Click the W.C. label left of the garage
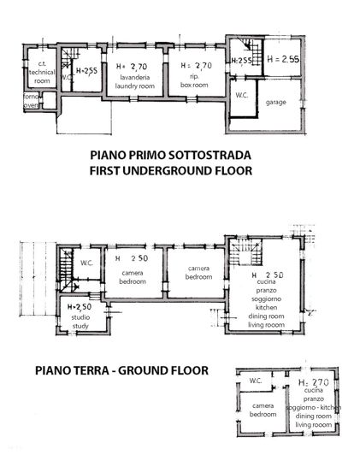coord(241,96)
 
